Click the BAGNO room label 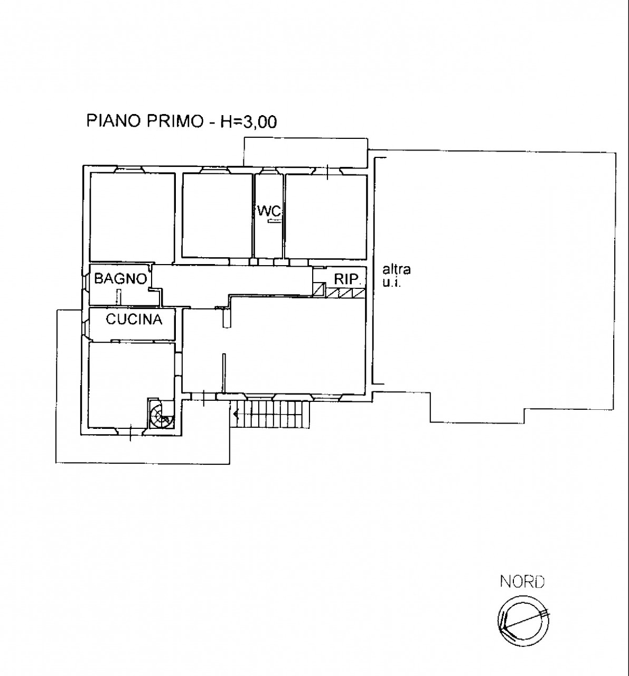120,279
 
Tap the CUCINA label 134,320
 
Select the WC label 269,211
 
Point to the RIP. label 347,279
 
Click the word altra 397,269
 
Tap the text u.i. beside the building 392,282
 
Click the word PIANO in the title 114,121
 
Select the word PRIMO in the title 175,121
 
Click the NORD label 522,581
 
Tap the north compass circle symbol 523,621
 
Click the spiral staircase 161,413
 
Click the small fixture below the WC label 275,221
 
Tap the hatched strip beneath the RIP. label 346,293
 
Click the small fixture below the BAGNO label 118,296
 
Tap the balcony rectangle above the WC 306,153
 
